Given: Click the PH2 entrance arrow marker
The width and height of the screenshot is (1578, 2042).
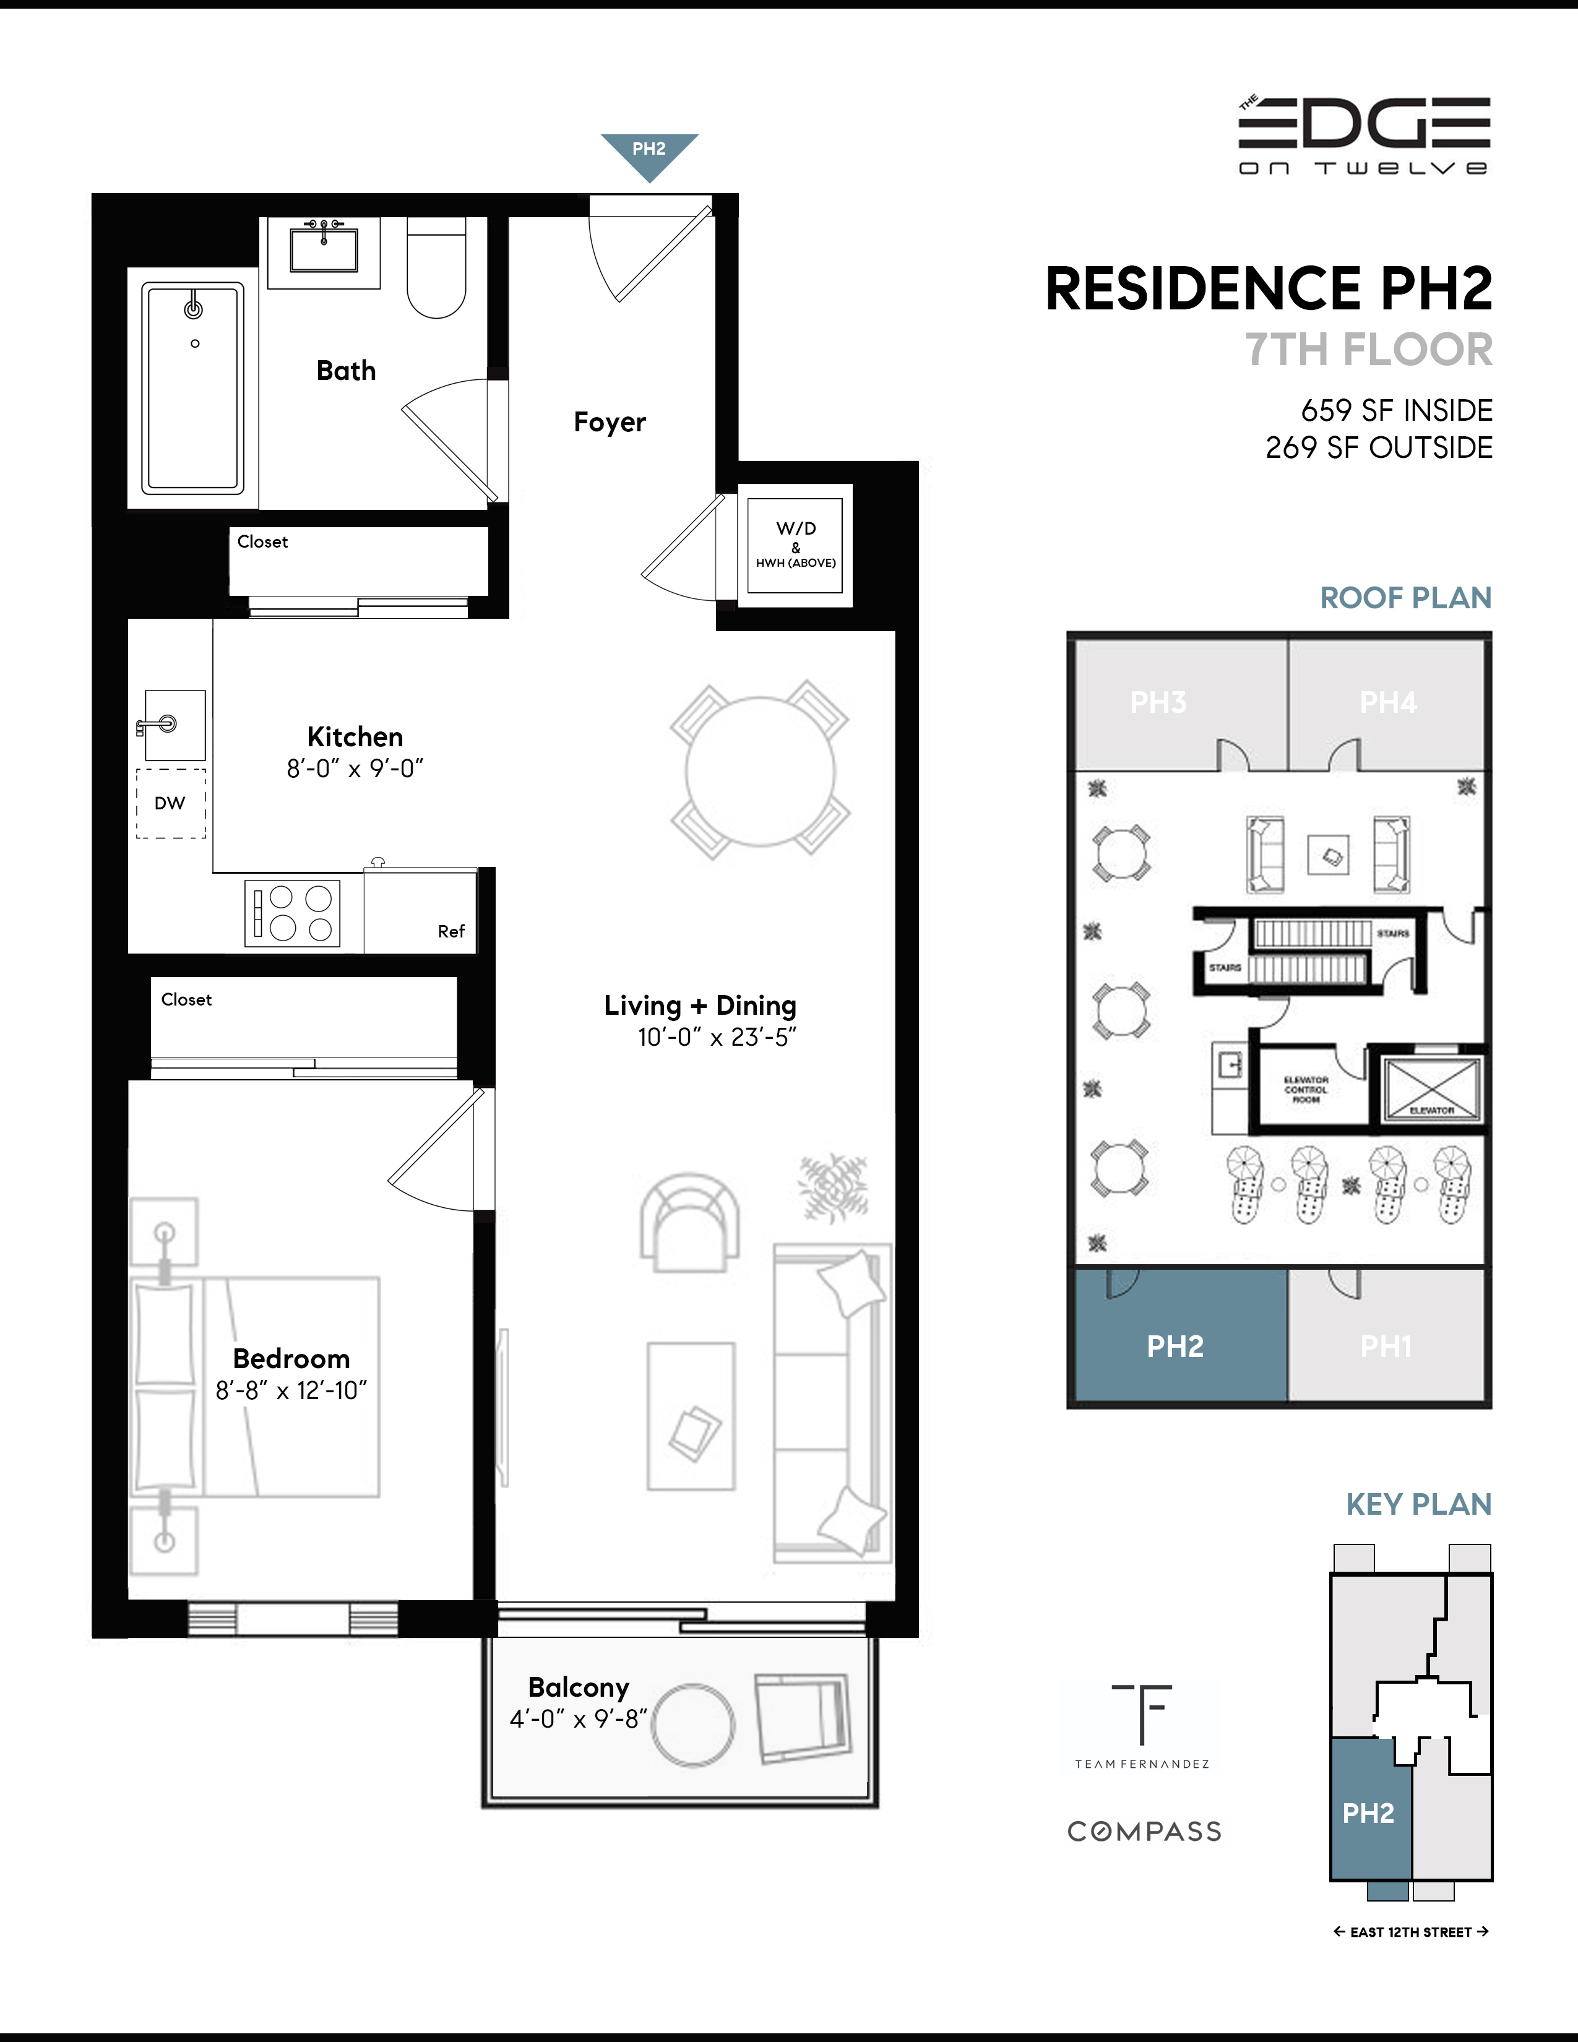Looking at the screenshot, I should pos(649,153).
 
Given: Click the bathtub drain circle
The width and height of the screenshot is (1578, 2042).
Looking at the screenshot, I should pos(194,343).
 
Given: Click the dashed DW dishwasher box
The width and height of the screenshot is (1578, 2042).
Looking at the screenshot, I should pos(171,803).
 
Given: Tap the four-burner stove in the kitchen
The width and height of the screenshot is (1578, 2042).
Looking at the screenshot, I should pos(293,913).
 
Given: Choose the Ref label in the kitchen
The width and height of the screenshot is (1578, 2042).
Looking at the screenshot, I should pos(451,931).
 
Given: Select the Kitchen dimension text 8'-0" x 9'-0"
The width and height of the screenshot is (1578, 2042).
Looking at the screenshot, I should pos(355,769).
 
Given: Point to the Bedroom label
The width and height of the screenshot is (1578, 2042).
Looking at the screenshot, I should pos(291,1358).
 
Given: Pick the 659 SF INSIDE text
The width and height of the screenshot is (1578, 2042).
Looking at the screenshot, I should pos(1395,410).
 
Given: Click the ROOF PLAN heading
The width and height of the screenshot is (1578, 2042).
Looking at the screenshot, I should pos(1405,598).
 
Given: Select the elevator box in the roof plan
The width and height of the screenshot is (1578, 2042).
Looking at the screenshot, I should pos(1431,1089).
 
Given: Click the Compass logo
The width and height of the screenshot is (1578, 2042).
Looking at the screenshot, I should pos(1144,1832).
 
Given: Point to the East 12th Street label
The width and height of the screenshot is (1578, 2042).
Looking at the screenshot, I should pos(1411,1932).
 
